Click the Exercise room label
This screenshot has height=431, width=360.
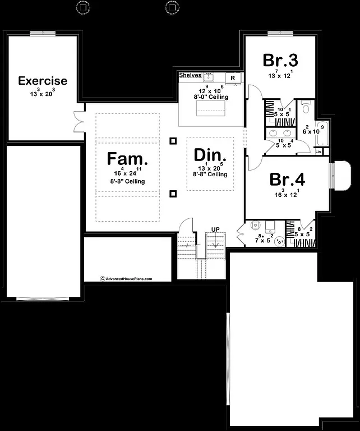(43, 81)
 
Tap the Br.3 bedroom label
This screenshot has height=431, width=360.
(280, 60)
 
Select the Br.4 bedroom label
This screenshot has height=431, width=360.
(287, 180)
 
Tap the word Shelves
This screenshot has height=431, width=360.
(190, 75)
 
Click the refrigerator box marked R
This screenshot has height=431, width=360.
(233, 77)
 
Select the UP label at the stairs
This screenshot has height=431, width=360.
(215, 229)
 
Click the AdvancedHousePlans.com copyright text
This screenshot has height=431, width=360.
(126, 278)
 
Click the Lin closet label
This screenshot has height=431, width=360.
(319, 152)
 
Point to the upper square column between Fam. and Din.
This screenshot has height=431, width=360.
(173, 141)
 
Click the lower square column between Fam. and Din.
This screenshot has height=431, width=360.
(173, 194)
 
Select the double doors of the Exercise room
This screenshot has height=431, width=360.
(79, 122)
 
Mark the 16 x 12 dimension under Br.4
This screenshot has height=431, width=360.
(287, 194)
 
